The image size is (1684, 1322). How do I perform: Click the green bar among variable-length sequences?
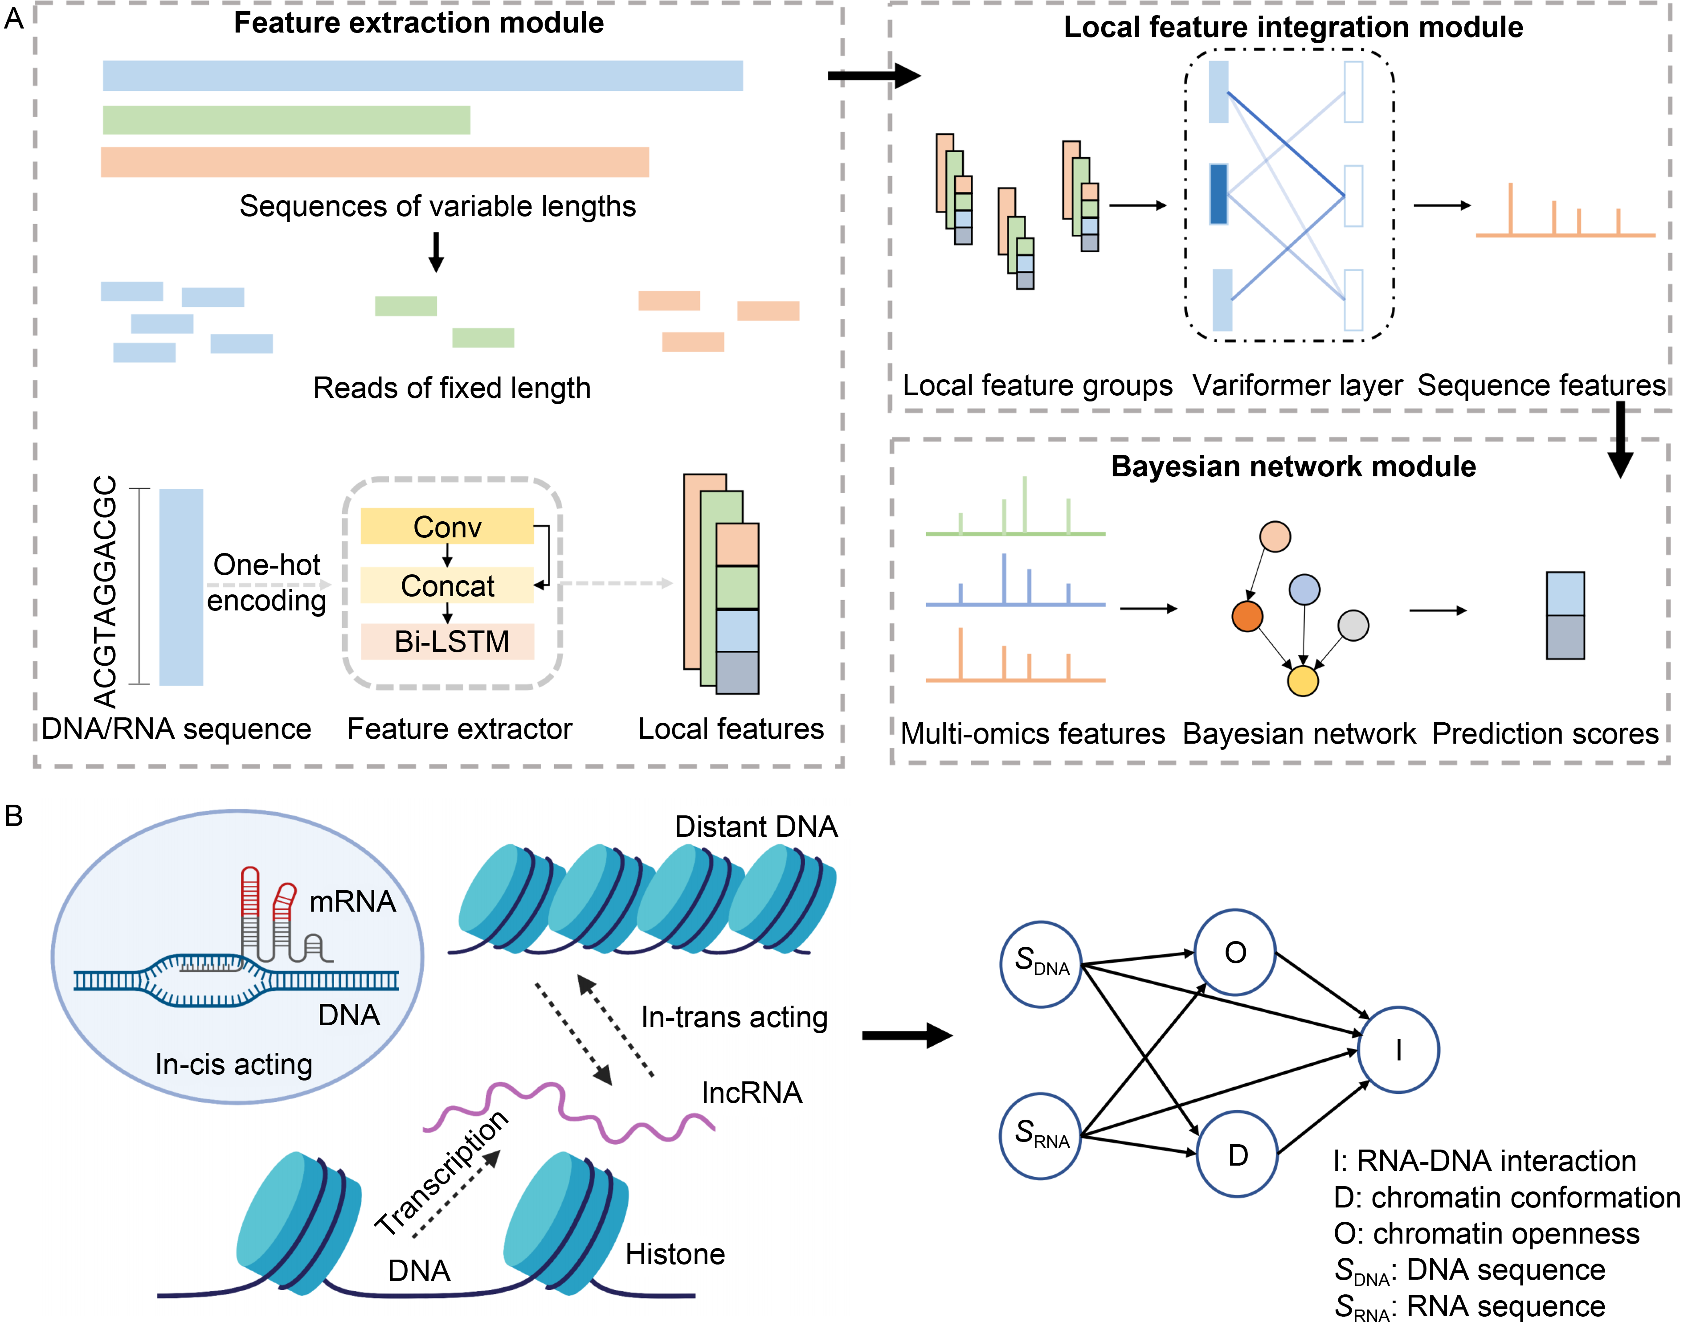[x=286, y=120]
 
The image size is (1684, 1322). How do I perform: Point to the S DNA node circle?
[x=1041, y=964]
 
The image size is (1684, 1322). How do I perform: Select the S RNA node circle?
[x=1041, y=1135]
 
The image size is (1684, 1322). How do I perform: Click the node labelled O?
[x=1234, y=952]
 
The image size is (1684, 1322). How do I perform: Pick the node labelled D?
[x=1237, y=1154]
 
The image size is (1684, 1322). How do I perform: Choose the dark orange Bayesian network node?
[x=1247, y=616]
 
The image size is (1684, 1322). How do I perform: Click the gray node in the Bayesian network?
[x=1353, y=626]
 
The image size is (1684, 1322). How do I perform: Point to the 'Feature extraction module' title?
[x=419, y=23]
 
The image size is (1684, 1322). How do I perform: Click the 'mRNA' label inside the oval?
[x=352, y=902]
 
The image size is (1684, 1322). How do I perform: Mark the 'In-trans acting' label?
[x=734, y=1017]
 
